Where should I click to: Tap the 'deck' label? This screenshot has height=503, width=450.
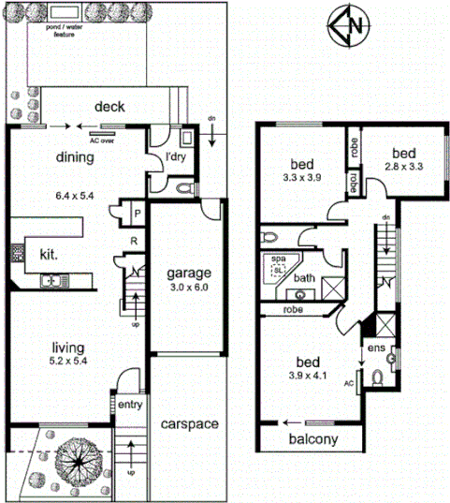click(109, 107)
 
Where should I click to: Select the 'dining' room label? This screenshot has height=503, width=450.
click(74, 157)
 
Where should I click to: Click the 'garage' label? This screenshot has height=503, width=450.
click(190, 274)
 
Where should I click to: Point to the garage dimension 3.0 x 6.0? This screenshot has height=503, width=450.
click(190, 288)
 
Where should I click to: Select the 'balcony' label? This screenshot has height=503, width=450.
click(312, 438)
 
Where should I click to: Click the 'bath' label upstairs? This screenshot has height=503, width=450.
click(305, 278)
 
